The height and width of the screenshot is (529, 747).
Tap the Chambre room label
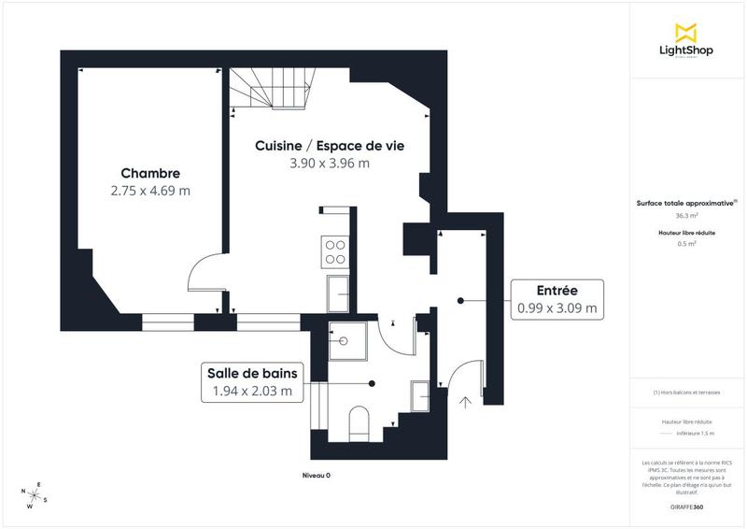click(150, 174)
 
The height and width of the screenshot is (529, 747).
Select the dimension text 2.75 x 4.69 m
click(150, 191)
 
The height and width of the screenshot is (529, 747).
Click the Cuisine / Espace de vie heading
click(330, 146)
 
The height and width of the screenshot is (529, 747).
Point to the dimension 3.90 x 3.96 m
click(330, 163)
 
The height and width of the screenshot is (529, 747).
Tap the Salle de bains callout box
click(252, 383)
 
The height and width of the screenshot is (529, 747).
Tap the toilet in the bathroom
click(359, 423)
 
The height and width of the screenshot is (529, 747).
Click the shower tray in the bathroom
click(348, 341)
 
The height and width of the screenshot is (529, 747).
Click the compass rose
click(34, 495)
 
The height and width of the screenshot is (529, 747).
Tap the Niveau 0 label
click(316, 476)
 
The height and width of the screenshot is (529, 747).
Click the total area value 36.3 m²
click(686, 215)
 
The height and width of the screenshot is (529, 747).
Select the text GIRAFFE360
click(686, 505)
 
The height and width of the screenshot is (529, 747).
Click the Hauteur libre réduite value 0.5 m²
click(686, 243)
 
